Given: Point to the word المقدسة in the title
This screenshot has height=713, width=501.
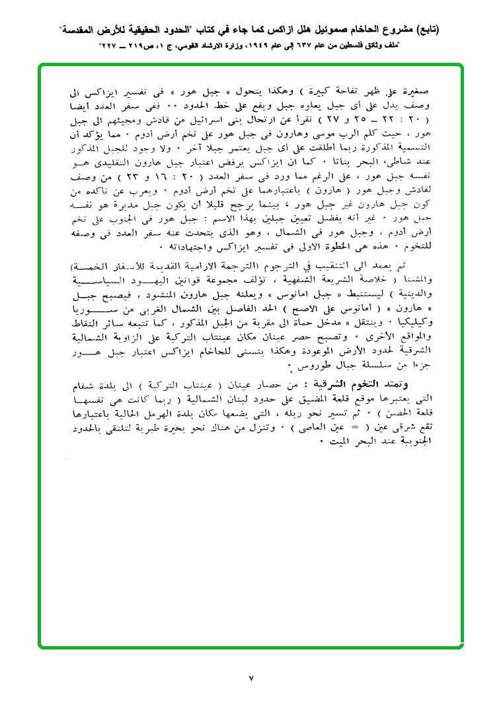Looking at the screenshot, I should pyautogui.click(x=80, y=30).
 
